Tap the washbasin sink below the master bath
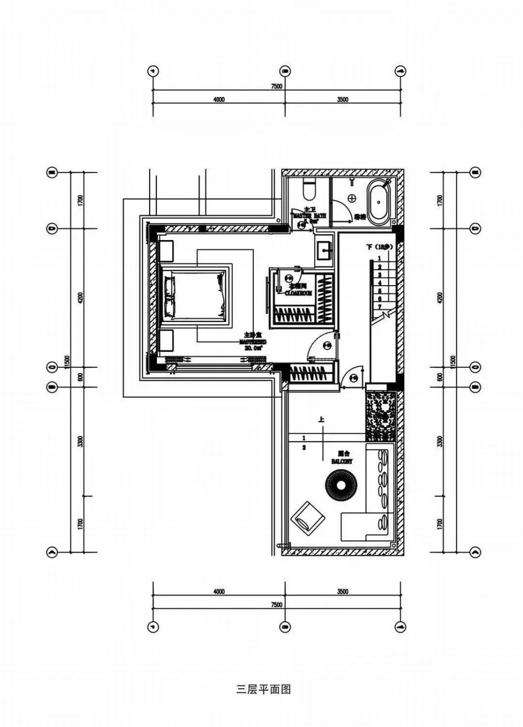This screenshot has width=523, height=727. click(x=324, y=251)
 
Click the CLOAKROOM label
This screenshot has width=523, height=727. click(x=298, y=293)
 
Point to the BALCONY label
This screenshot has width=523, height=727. click(x=342, y=461)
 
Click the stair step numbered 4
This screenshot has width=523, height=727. click(x=380, y=283)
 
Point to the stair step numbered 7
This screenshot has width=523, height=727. click(x=380, y=307)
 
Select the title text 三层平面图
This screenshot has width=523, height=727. click(x=263, y=689)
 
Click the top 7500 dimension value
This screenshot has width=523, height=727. click(x=277, y=86)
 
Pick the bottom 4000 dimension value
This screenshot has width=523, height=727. click(x=219, y=591)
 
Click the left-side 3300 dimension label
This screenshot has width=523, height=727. click(x=80, y=441)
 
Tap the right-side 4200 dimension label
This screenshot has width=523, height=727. click(x=439, y=297)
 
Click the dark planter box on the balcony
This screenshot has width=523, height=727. click(x=381, y=415)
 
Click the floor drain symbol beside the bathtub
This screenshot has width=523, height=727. click(x=352, y=198)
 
